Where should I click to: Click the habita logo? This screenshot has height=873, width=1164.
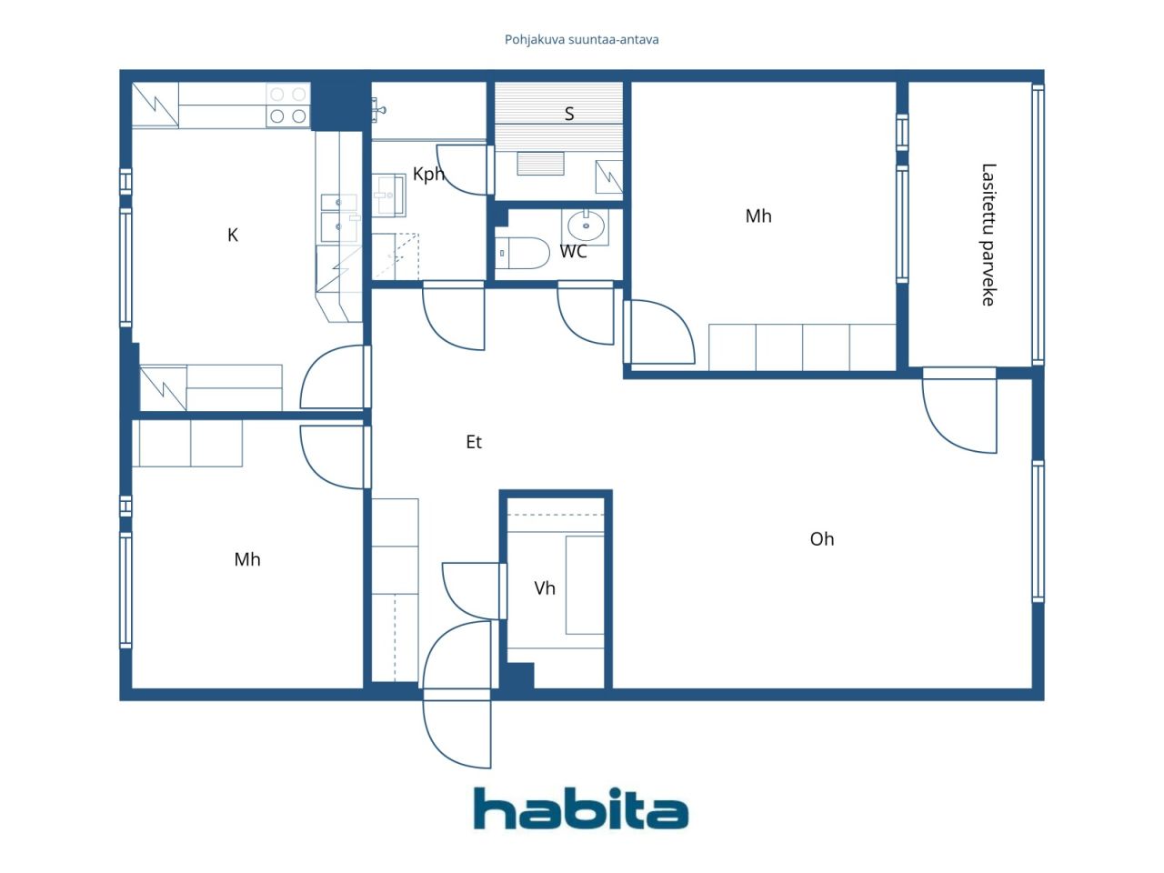click(x=581, y=808)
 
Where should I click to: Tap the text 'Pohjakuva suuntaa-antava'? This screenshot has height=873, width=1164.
click(x=581, y=40)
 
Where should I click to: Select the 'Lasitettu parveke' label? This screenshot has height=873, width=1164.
click(x=988, y=235)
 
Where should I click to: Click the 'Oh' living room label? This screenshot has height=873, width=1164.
click(x=822, y=539)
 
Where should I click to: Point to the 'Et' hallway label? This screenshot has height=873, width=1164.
click(x=474, y=442)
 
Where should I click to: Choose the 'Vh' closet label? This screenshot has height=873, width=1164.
click(x=545, y=587)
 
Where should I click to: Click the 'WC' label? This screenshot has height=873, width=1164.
click(x=573, y=251)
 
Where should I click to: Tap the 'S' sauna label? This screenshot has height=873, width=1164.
click(x=569, y=114)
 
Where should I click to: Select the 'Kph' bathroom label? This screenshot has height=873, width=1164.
click(x=428, y=174)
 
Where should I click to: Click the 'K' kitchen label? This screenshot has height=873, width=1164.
click(x=232, y=235)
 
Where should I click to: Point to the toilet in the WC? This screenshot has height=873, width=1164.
click(x=523, y=253)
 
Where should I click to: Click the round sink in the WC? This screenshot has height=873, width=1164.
click(x=586, y=226)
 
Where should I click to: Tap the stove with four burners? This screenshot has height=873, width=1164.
click(x=288, y=105)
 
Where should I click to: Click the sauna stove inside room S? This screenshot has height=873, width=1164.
click(x=540, y=164)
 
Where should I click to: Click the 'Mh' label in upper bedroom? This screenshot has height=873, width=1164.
click(x=758, y=216)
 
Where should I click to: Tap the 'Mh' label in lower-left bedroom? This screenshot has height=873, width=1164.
click(x=247, y=559)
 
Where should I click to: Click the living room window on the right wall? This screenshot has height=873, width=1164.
click(x=1038, y=532)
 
